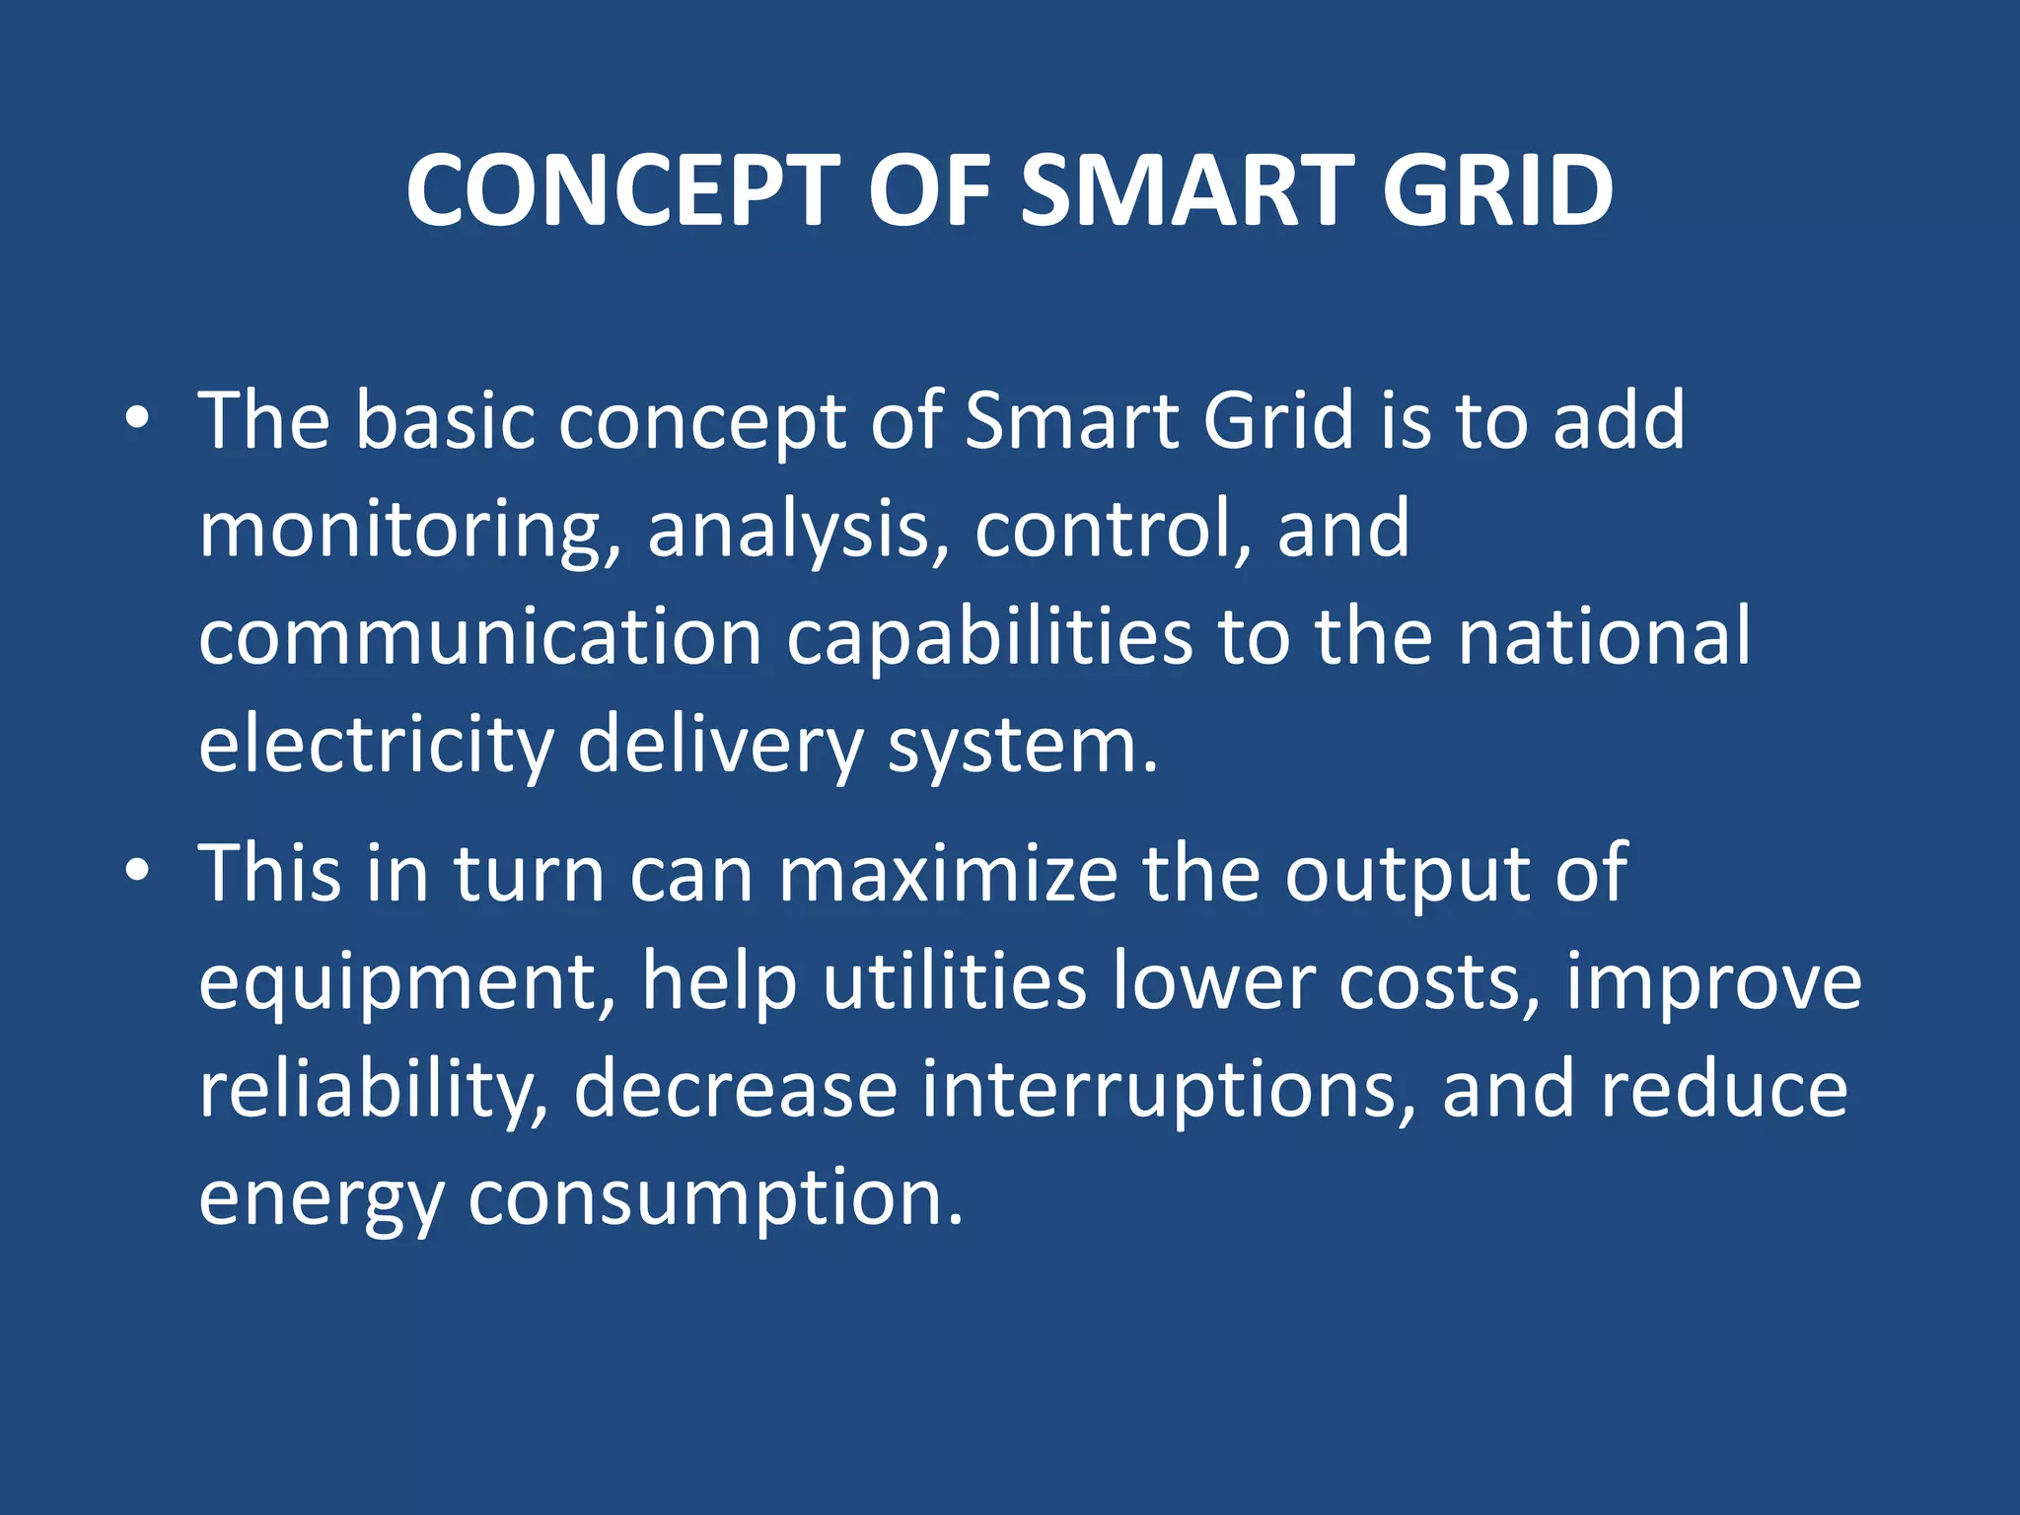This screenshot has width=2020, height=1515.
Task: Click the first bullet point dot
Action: pyautogui.click(x=137, y=419)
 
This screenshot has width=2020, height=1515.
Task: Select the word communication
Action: pyautogui.click(x=479, y=636)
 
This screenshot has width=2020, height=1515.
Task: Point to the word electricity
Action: pyautogui.click(x=376, y=745)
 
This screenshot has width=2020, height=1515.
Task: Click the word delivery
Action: pyautogui.click(x=720, y=745)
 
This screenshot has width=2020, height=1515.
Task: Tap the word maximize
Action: pyautogui.click(x=948, y=874)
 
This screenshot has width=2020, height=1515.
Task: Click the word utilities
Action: pyautogui.click(x=955, y=980)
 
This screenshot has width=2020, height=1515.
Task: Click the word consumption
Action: pyautogui.click(x=714, y=1198)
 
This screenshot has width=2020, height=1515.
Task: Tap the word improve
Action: pyautogui.click(x=1713, y=982)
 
